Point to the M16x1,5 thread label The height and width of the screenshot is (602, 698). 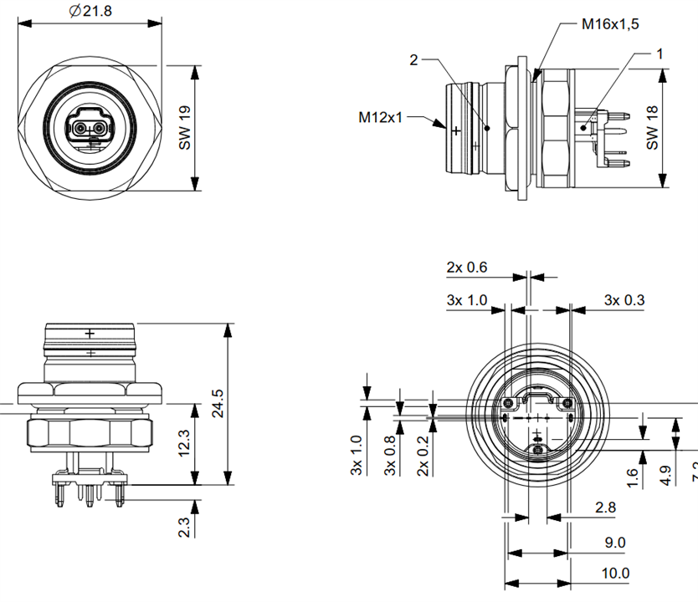(610, 24)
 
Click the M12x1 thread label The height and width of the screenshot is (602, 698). (382, 117)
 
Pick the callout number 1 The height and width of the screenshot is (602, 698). (660, 54)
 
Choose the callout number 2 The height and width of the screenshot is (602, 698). (414, 59)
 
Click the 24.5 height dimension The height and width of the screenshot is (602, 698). (217, 404)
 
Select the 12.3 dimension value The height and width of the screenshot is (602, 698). (185, 444)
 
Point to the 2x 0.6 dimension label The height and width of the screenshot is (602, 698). (467, 268)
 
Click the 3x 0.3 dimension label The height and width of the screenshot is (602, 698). (624, 300)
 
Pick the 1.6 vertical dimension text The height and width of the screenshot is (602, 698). (632, 477)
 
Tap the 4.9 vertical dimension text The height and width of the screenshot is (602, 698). (665, 476)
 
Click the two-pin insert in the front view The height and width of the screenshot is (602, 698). (90, 129)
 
